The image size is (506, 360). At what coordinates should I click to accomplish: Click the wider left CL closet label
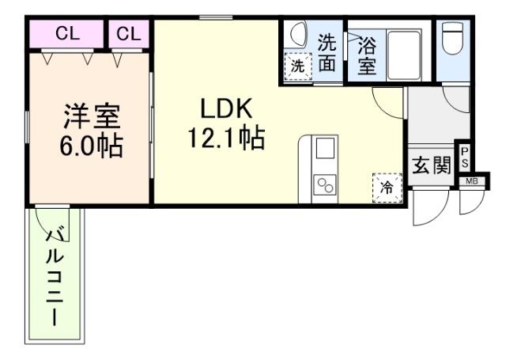point(66,34)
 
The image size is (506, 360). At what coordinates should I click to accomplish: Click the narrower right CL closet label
point(129,34)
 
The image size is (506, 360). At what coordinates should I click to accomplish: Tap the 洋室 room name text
point(92,117)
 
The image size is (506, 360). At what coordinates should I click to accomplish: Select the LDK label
point(225,109)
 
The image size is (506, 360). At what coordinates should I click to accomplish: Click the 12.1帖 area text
point(225,139)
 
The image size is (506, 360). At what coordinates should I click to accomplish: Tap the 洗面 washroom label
point(327,53)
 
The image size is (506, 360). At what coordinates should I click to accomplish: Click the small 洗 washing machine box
point(297,66)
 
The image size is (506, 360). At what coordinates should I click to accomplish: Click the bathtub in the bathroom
point(404,54)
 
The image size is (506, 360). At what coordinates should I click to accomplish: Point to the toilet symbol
point(453,40)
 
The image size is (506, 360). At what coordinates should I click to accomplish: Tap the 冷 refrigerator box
point(387,188)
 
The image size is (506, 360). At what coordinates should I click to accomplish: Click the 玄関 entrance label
point(431,165)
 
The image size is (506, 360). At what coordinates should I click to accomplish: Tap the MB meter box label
point(471,181)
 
